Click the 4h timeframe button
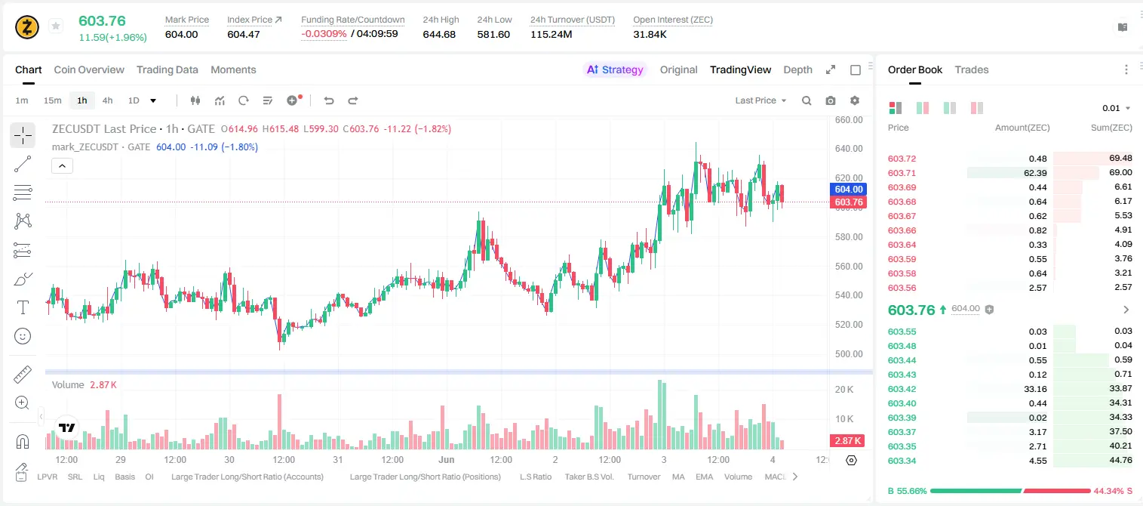coord(107,100)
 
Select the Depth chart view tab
coord(797,69)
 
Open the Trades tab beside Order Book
coord(971,69)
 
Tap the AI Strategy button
coord(615,69)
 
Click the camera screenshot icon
coord(830,100)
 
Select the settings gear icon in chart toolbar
coord(855,100)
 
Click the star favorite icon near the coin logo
coord(56,26)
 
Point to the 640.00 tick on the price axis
coord(849,149)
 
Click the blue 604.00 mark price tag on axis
coord(849,190)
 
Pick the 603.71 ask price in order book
coord(902,173)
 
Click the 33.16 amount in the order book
coord(1035,389)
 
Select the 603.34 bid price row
coord(902,461)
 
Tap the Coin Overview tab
coord(89,69)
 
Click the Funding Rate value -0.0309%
coord(324,34)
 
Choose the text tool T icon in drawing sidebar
coord(23,307)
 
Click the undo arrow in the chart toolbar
coord(329,100)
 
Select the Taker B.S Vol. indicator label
coord(588,477)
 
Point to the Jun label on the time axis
coord(446,459)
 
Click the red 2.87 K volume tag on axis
coord(847,440)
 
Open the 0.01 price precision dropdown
coord(1116,108)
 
